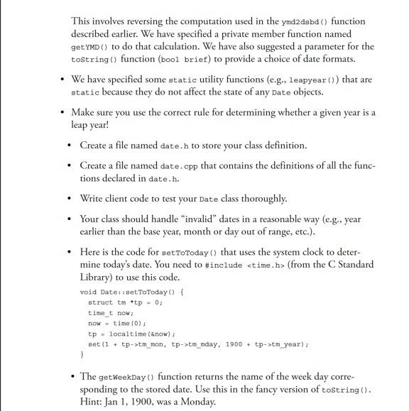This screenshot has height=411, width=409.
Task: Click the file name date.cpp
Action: point(180,165)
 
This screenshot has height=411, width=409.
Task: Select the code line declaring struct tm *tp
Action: point(126,302)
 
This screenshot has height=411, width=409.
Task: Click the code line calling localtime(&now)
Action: point(131,333)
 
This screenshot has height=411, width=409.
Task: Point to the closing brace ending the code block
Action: point(82,354)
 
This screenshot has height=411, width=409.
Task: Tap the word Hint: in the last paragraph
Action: point(93,401)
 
